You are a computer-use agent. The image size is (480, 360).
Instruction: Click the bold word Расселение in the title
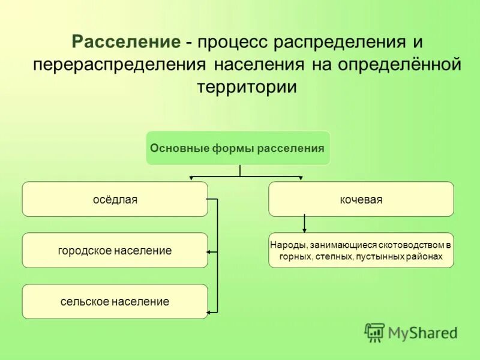[x=125, y=43]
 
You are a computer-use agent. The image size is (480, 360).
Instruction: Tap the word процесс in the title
[x=232, y=43]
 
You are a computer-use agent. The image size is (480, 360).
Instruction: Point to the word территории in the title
[x=247, y=86]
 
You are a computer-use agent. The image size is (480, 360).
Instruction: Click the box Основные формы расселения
[x=238, y=148]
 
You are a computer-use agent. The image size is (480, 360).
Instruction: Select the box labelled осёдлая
[x=115, y=199]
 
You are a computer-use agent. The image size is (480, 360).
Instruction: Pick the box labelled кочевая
[x=361, y=199]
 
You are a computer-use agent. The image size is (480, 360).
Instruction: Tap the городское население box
[x=115, y=250]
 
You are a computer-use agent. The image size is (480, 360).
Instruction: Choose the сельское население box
[x=115, y=301]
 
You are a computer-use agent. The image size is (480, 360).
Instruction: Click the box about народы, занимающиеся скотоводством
[x=361, y=250]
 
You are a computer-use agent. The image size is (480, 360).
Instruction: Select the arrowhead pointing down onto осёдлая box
[x=191, y=178]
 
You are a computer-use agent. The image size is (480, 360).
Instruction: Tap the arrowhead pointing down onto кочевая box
[x=301, y=178]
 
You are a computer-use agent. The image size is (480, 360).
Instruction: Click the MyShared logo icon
[x=374, y=332]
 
